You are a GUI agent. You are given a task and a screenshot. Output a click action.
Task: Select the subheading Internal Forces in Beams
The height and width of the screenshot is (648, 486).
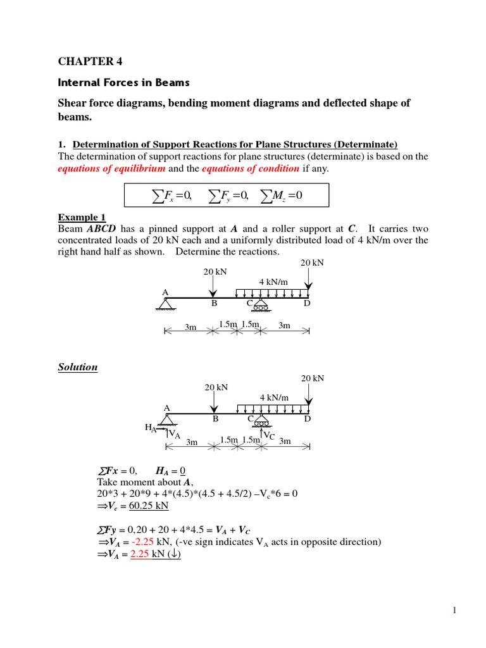(x=123, y=82)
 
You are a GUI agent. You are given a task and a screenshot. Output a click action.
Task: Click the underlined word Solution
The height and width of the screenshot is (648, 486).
(x=78, y=367)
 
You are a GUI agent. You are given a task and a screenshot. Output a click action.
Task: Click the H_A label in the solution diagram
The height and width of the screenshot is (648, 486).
(x=151, y=428)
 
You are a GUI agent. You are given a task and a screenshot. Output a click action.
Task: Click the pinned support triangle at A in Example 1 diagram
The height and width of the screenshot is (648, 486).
(x=166, y=304)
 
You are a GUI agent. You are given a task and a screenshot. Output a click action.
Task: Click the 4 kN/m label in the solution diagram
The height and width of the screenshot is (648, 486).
(x=274, y=397)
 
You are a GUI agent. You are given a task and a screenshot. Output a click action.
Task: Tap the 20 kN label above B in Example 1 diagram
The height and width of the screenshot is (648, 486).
(x=215, y=271)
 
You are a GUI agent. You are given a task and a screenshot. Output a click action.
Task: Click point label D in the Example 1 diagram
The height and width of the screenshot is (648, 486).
(x=307, y=304)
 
